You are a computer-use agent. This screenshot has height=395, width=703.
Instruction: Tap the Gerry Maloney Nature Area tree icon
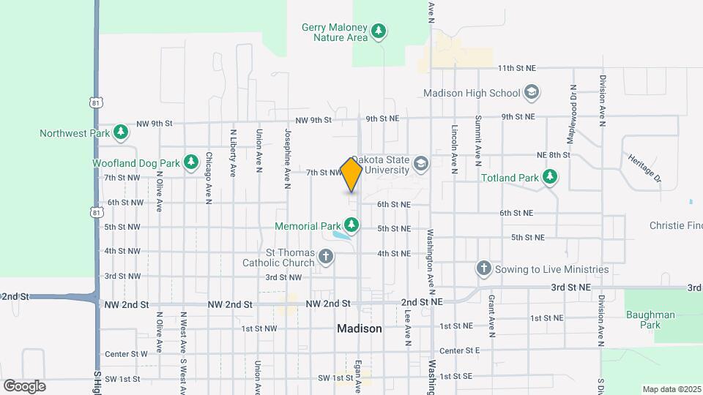click(x=379, y=31)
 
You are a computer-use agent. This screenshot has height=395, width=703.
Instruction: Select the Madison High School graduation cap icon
click(x=532, y=93)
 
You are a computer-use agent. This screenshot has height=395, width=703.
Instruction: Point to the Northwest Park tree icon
click(x=121, y=133)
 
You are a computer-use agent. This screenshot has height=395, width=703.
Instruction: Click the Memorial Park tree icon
click(x=351, y=225)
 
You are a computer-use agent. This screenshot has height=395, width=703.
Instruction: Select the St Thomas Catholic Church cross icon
click(x=326, y=257)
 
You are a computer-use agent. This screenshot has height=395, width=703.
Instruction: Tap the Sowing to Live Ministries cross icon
click(x=483, y=269)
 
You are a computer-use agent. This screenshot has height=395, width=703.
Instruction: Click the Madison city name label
click(x=360, y=329)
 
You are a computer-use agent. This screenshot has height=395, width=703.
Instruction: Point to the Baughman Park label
click(x=650, y=319)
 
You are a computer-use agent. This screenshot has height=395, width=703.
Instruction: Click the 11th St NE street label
click(x=517, y=68)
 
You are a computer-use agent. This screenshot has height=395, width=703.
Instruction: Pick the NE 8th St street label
click(x=553, y=155)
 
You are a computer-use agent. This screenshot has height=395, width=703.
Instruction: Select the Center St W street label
click(x=126, y=354)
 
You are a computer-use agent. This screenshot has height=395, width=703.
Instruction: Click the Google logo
click(x=24, y=385)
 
